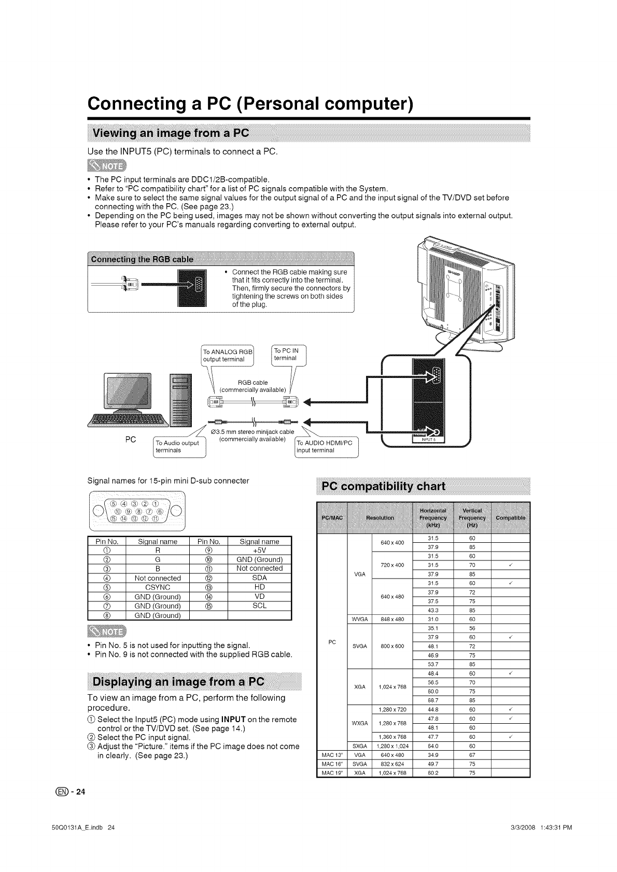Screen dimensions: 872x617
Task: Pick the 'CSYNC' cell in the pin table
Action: [158, 587]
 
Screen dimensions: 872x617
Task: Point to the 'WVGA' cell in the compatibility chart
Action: [359, 619]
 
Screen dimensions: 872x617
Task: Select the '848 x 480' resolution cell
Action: [392, 619]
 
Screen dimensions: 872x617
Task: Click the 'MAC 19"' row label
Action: [330, 773]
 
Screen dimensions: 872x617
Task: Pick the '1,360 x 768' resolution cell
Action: [392, 737]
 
